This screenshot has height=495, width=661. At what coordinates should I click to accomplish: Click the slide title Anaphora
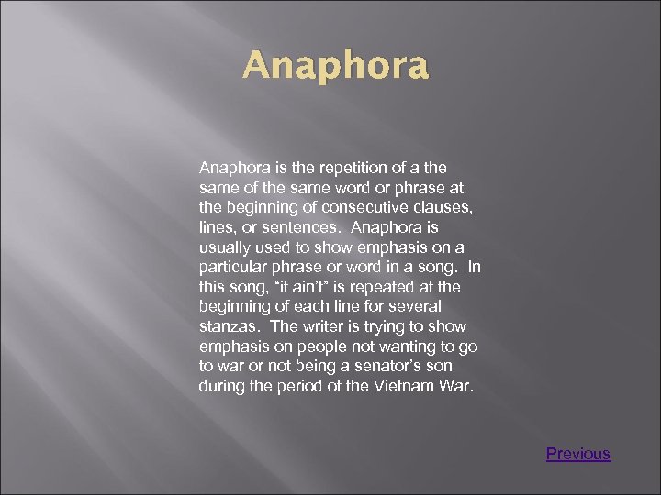point(335,67)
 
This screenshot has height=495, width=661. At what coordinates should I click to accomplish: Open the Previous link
point(578,454)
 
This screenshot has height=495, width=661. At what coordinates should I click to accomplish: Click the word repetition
point(336,169)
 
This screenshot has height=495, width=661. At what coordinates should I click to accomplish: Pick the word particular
point(231,268)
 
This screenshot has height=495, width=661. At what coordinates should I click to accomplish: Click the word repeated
point(366,286)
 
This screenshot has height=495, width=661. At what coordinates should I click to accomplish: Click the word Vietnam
point(404,386)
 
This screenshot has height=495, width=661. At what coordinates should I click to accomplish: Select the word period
point(299,386)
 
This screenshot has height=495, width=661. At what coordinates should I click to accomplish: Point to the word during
point(220,386)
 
